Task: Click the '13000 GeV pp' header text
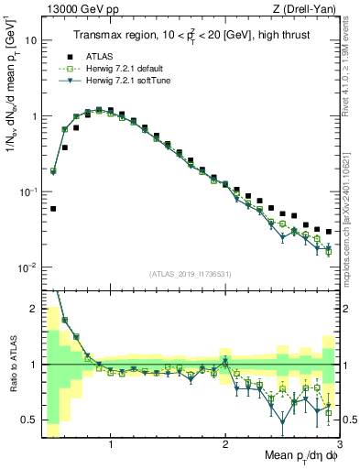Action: point(80,9)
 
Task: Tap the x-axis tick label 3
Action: point(338,444)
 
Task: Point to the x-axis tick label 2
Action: point(225,444)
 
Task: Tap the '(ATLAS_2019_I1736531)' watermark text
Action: point(190,274)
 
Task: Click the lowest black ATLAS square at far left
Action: point(53,208)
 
